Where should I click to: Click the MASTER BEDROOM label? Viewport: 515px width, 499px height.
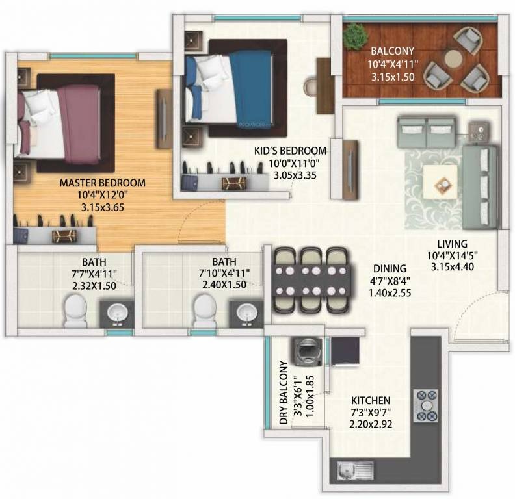pyautogui.click(x=102, y=183)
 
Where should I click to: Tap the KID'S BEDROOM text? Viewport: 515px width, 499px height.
pyautogui.click(x=290, y=151)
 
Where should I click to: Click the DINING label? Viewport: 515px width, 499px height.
pyautogui.click(x=390, y=268)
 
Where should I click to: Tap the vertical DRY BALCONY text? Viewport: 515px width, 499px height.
pyautogui.click(x=284, y=393)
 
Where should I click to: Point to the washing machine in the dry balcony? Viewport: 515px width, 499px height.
pyautogui.click(x=304, y=352)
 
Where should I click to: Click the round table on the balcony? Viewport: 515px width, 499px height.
pyautogui.click(x=454, y=59)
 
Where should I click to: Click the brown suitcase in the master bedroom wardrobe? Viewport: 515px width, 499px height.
pyautogui.click(x=65, y=235)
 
